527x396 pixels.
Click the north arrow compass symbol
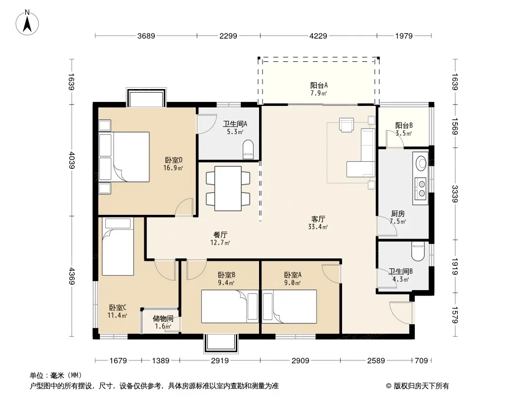27,22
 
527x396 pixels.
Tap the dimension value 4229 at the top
318,36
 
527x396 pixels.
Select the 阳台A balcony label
318,86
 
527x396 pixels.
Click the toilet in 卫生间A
248,149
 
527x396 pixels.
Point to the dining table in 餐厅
228,189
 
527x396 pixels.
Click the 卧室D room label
174,160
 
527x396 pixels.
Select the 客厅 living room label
318,219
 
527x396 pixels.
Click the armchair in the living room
347,124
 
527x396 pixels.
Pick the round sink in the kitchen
421,163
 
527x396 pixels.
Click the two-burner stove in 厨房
421,188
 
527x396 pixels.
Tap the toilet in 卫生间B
418,251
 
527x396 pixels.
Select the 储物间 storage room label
163,318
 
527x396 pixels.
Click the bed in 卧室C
118,247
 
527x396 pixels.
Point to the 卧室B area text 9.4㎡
226,283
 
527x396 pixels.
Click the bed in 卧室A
289,306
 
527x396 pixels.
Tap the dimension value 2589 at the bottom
376,361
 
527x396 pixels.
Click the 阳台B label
403,126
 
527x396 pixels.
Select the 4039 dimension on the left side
72,160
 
